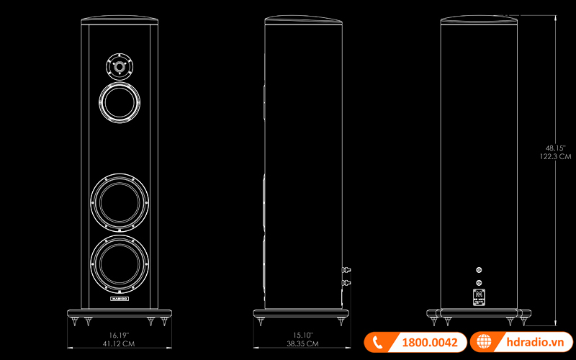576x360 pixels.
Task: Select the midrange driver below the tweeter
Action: pos(120,102)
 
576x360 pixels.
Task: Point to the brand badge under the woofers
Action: pos(120,297)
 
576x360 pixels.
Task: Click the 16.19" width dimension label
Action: pos(119,336)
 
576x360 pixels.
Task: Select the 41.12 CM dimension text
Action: pos(119,345)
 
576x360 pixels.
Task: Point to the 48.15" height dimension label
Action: pos(554,147)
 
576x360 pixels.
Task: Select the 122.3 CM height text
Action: pos(554,156)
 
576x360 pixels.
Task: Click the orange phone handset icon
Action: pos(377,343)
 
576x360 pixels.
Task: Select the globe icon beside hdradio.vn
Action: pos(483,343)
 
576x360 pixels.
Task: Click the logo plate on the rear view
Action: pos(480,296)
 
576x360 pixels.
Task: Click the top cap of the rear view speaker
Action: pos(480,19)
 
